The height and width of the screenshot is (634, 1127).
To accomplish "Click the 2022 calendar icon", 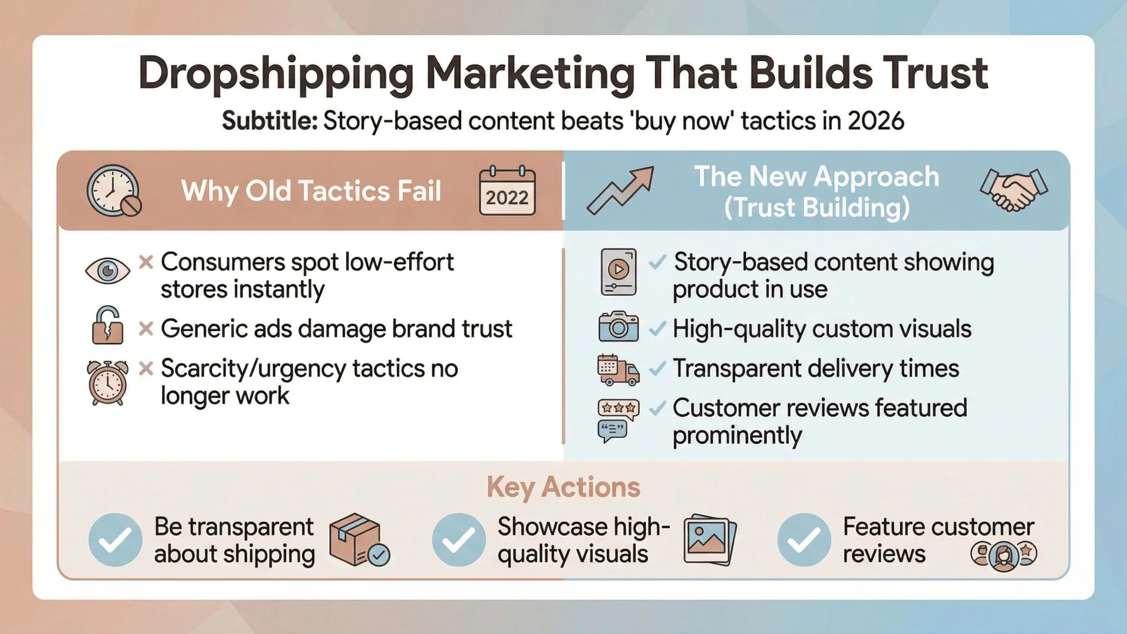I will point(507,191).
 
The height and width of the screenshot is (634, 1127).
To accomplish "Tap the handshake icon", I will point(1014,190).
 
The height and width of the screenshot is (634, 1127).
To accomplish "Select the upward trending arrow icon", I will point(620,190).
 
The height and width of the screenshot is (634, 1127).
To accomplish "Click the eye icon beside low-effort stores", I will point(107,271).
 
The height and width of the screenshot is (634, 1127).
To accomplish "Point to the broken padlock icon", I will point(107,325).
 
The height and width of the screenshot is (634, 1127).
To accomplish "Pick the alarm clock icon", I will point(107,383).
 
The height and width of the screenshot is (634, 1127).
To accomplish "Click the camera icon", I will point(618,327).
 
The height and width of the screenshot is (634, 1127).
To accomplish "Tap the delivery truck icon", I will point(618,370).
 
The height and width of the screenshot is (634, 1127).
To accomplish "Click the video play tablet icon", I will point(618,272).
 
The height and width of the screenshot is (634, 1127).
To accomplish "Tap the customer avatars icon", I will point(1003,554).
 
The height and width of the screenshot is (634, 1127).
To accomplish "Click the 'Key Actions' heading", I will point(563,487).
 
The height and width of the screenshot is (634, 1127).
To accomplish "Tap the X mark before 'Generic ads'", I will point(146,329).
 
